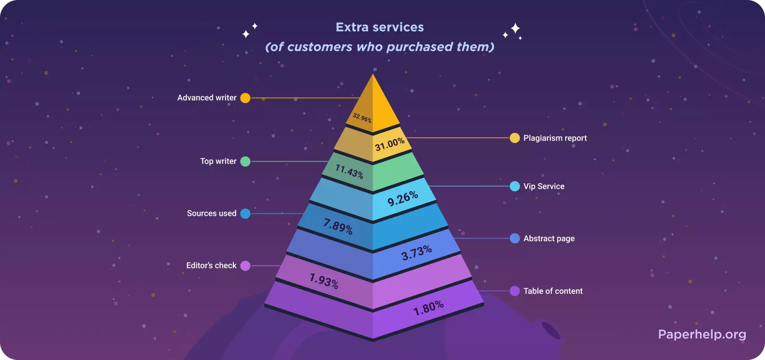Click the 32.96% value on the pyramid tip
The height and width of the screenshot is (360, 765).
[362, 118]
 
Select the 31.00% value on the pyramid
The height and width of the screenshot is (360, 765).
[390, 144]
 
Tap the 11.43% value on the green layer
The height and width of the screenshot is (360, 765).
[349, 171]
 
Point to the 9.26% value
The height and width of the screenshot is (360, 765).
[403, 198]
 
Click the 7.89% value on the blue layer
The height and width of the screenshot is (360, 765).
[338, 226]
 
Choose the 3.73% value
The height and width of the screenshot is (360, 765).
[417, 253]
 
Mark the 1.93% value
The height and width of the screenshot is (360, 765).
[324, 281]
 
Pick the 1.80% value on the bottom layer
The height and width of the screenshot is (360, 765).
[428, 308]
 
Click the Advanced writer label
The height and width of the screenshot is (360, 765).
[207, 98]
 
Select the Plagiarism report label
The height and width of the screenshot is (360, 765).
[555, 138]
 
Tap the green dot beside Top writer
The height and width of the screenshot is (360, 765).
[245, 161]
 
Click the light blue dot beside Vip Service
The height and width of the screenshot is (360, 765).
[515, 186]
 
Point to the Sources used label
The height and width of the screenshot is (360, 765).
[211, 213]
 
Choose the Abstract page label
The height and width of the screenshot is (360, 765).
[549, 239]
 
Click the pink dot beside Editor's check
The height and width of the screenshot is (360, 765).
[245, 266]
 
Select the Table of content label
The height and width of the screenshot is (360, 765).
[553, 291]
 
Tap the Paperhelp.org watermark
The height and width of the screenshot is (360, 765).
[702, 334]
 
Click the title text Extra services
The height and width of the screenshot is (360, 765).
[380, 27]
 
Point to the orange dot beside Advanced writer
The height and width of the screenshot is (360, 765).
[245, 98]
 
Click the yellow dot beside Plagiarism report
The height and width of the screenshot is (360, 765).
[515, 138]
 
